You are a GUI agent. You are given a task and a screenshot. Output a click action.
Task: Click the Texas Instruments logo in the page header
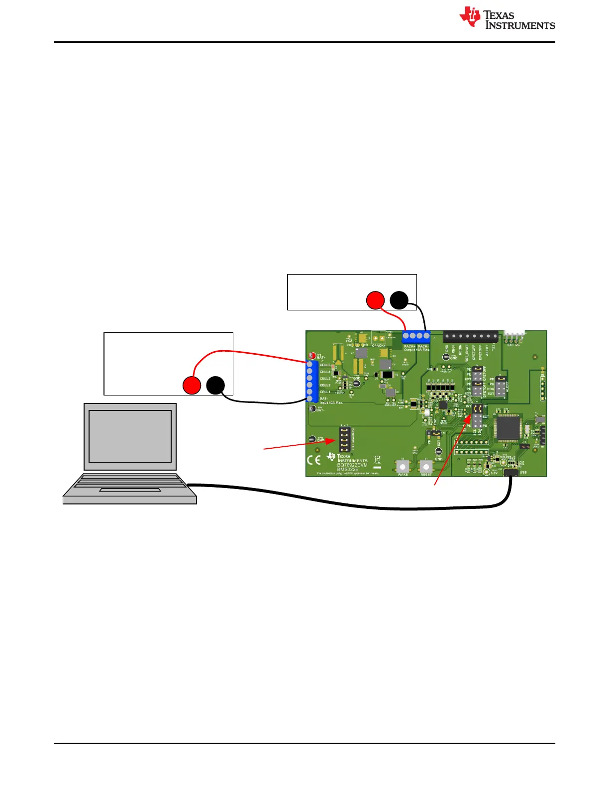507,18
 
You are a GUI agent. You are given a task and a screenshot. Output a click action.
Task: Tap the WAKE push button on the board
403,467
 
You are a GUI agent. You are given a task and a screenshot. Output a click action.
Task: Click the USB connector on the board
510,473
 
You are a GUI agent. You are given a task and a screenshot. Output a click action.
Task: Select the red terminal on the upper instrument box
375,300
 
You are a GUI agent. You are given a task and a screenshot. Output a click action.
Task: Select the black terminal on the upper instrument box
399,300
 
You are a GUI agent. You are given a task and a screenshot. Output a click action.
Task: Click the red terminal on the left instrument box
192,386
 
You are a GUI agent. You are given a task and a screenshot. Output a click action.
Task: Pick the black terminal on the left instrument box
215,386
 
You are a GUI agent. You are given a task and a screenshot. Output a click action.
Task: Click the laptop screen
130,436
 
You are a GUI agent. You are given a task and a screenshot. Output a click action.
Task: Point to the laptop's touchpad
130,490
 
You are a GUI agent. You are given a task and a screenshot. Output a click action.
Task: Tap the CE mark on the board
314,460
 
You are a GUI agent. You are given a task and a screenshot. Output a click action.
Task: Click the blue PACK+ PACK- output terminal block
416,336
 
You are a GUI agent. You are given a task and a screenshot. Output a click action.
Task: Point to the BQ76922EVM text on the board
352,465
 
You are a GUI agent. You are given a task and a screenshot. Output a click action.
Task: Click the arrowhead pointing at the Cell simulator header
333,441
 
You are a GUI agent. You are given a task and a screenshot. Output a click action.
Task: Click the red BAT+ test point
312,356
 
